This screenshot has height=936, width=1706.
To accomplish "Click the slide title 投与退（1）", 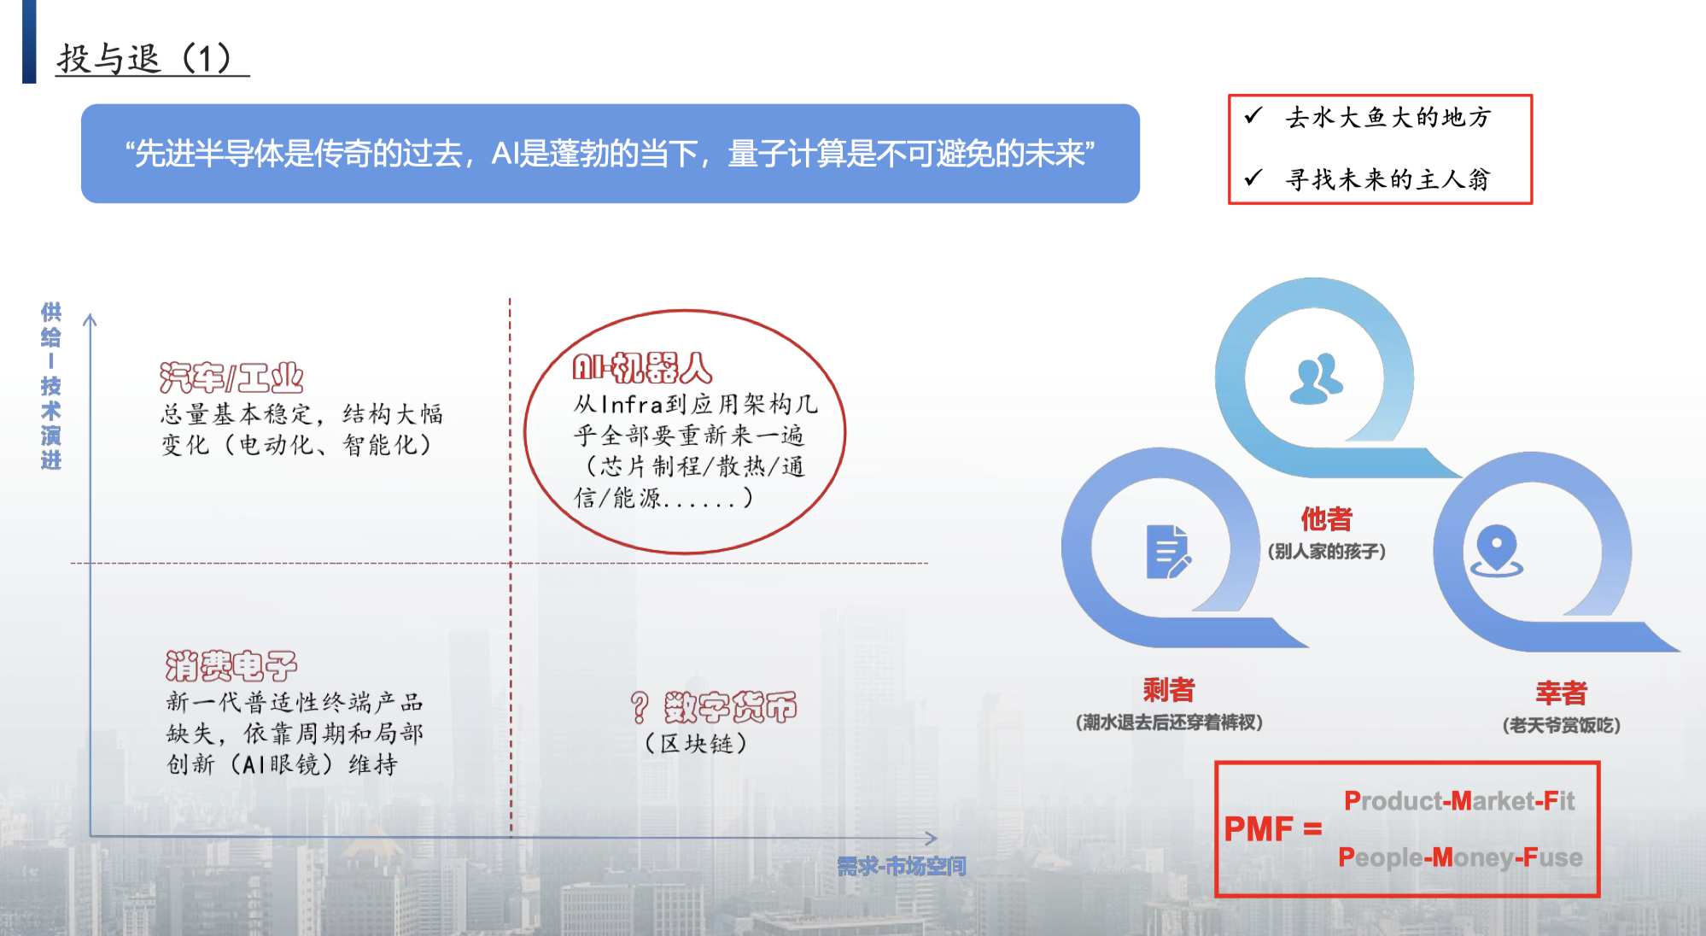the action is (145, 59).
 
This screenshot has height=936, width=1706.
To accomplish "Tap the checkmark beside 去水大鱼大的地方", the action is (1253, 115).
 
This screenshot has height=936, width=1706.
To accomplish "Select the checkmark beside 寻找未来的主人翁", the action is (1253, 178).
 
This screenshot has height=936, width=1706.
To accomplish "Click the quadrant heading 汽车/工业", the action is (231, 377).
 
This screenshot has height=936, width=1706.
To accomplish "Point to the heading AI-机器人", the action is (642, 367).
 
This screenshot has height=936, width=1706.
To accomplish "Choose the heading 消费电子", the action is (231, 665).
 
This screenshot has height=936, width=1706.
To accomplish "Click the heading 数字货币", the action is (730, 707).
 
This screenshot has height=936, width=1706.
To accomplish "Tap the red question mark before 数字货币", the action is (640, 707).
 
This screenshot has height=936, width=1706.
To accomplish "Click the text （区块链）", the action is (696, 744).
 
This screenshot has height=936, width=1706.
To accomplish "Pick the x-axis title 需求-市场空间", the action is (902, 867).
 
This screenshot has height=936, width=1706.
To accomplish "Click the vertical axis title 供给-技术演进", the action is (51, 386).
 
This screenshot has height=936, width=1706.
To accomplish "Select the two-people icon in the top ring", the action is (1316, 378).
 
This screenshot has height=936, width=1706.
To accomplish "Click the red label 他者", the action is (1327, 518).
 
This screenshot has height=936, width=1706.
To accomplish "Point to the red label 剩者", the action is (1169, 689).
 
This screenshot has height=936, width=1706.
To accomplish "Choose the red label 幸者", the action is (1561, 693).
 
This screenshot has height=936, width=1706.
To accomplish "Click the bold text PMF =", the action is (1273, 828).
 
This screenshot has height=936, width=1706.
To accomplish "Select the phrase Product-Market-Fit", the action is (1459, 800).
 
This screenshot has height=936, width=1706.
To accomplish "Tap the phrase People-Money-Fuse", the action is (1460, 857).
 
